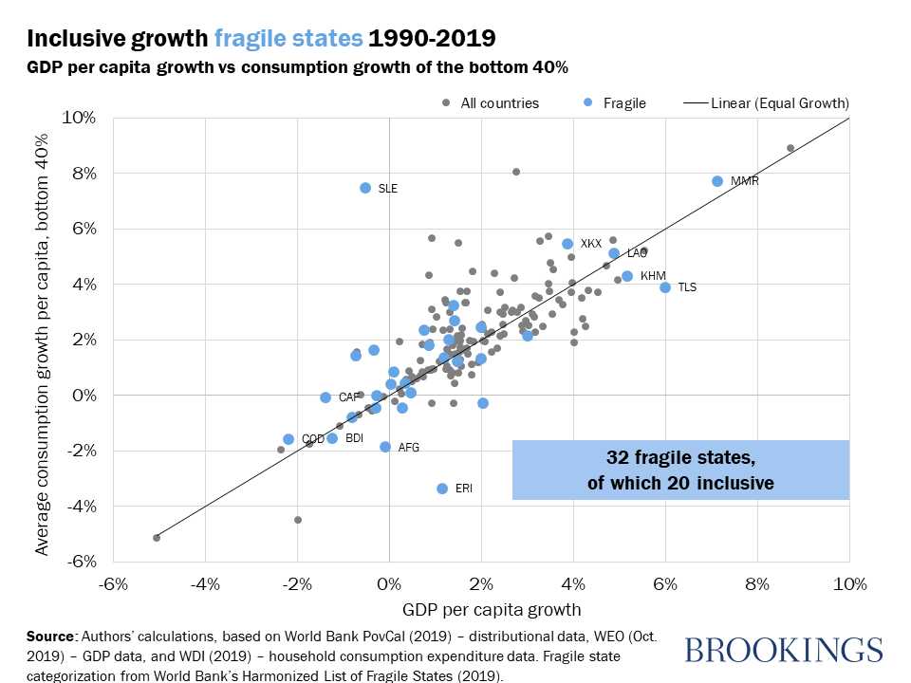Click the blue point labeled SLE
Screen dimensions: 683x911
(365, 188)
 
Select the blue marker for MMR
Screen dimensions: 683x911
(717, 181)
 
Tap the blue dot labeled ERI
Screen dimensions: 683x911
(441, 489)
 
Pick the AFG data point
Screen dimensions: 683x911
(385, 447)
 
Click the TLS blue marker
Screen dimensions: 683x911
(665, 287)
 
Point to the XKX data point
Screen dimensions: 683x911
(567, 244)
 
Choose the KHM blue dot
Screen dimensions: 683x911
(626, 276)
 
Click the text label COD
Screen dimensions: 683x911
(313, 439)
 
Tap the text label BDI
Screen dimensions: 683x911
(354, 438)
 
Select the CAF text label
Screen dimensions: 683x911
(349, 397)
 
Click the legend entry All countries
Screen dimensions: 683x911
(499, 102)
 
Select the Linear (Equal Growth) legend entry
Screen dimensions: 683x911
(779, 102)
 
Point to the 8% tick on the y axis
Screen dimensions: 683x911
(82, 173)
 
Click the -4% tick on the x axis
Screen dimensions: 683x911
(205, 581)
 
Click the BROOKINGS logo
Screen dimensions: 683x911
(783, 651)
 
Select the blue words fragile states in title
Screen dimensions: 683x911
(288, 39)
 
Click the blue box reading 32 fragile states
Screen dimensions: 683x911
(680, 470)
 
